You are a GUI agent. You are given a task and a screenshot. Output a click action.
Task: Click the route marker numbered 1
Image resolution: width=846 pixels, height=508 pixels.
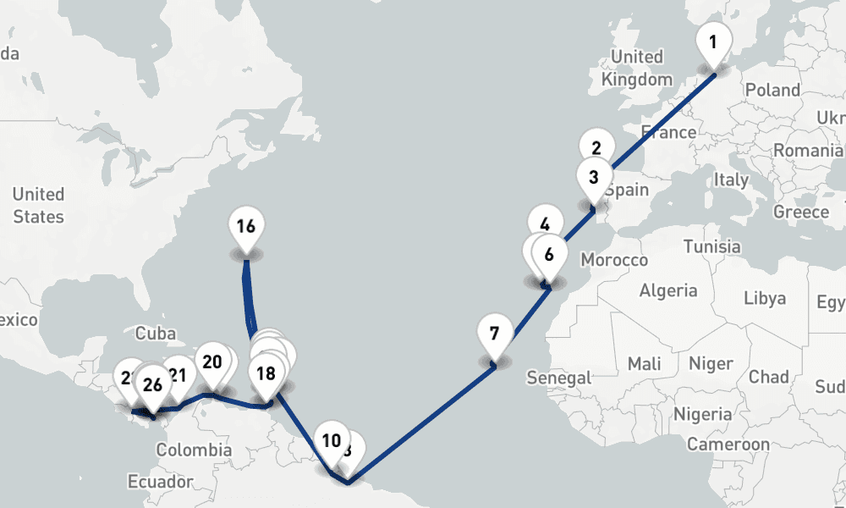pos(712,42)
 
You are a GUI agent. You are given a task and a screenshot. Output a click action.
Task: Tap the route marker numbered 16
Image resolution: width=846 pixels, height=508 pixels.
pos(245,227)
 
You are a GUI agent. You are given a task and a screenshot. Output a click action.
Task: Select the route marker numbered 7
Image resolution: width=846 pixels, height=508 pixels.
pos(495,331)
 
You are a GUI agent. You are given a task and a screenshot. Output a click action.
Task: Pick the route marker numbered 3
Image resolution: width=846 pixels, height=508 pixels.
pos(594,178)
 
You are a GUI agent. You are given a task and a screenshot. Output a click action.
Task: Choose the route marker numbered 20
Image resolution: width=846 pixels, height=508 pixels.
pos(211,362)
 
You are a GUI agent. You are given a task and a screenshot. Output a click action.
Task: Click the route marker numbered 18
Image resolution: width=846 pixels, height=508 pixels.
pos(266,373)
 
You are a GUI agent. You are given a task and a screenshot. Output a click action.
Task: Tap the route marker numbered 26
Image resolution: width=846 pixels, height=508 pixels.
pos(152,385)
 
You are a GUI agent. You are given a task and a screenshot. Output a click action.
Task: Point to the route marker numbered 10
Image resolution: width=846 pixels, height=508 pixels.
pos(331,440)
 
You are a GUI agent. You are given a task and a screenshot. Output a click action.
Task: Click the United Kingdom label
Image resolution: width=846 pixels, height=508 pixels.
pos(637,68)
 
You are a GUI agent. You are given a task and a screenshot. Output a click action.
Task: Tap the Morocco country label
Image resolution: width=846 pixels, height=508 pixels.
pos(614,260)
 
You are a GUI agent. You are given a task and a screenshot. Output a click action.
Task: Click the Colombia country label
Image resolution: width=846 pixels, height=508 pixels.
pos(194,450)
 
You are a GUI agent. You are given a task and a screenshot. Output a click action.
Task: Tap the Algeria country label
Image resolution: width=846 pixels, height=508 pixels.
pos(668,290)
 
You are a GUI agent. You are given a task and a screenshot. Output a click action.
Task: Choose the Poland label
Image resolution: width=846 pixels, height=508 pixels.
pos(772,90)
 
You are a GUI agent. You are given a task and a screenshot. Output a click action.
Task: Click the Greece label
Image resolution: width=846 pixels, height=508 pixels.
pos(801,211)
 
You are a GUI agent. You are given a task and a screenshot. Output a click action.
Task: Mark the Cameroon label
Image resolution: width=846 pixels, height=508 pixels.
pos(728,444)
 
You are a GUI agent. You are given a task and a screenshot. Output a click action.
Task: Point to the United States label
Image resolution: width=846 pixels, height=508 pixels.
pos(38,206)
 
